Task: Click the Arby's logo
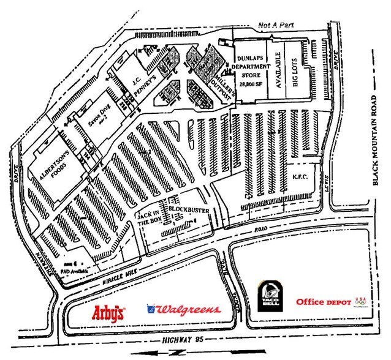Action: coord(109,313)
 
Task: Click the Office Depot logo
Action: coord(324,302)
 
